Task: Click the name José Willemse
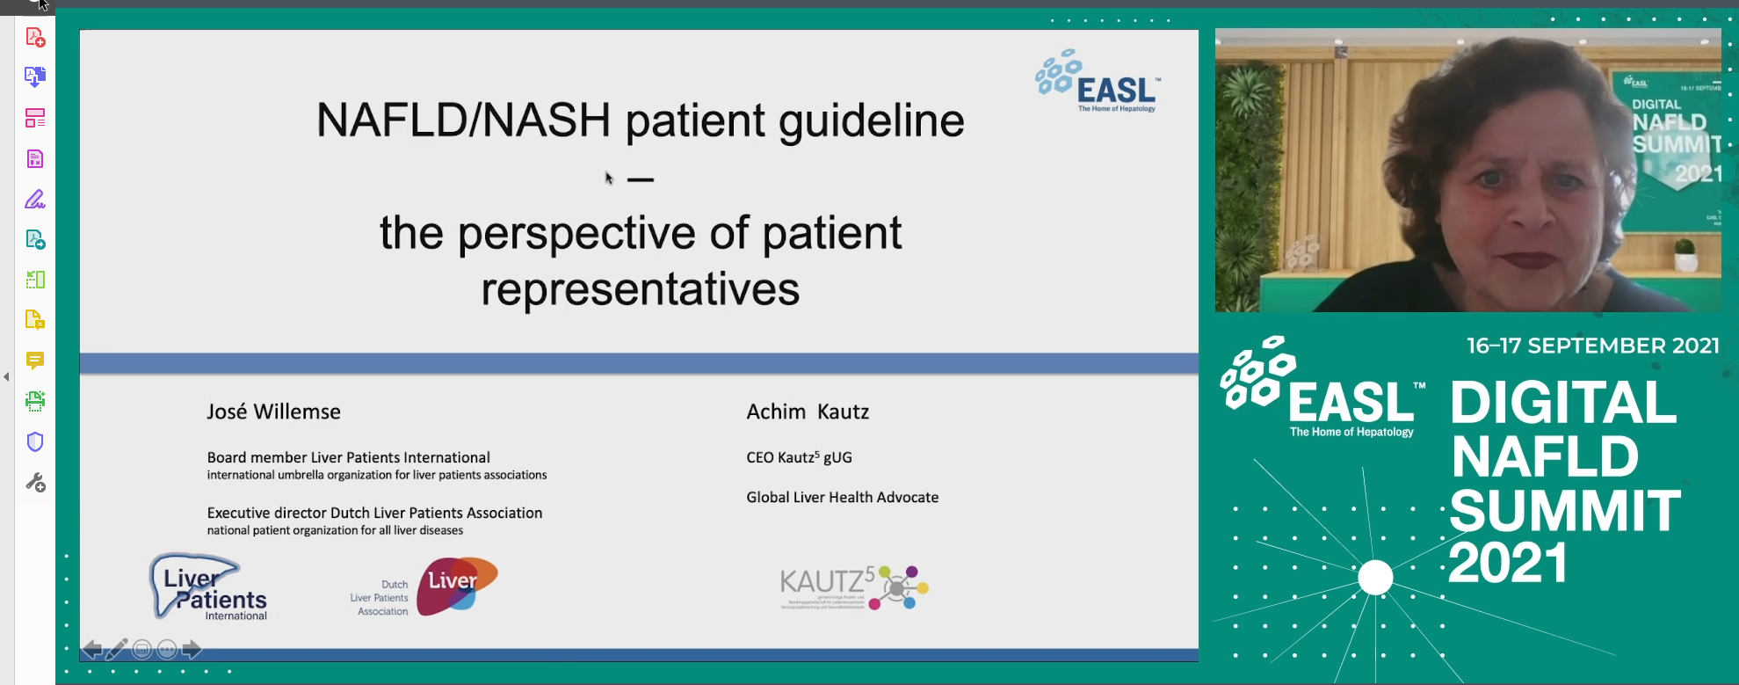click(273, 412)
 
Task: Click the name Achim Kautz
click(808, 412)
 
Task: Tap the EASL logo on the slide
click(1098, 82)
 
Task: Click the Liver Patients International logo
click(209, 587)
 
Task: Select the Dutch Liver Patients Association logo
click(425, 587)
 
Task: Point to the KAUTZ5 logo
click(852, 587)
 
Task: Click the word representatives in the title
click(640, 289)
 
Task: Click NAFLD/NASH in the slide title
click(463, 120)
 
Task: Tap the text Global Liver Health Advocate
click(842, 498)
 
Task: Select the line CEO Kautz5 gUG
click(799, 457)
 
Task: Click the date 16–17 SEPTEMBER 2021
click(1592, 346)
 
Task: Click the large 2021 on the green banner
click(1508, 564)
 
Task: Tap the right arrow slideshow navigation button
click(192, 650)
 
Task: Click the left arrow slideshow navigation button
click(91, 650)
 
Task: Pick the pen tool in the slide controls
click(116, 650)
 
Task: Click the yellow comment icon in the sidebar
click(35, 361)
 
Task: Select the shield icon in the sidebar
click(35, 441)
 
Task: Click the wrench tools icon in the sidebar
click(35, 482)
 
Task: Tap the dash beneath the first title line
click(640, 180)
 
